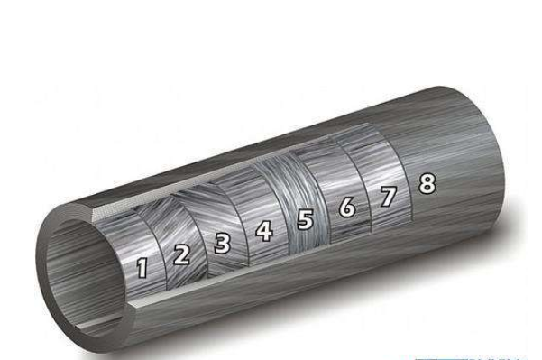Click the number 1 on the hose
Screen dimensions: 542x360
(x=142, y=268)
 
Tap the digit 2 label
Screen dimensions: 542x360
(x=181, y=254)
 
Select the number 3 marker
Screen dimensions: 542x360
(x=222, y=243)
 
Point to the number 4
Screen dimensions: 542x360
(x=264, y=231)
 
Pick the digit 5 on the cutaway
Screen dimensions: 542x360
(x=305, y=219)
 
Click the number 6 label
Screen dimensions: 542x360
(x=346, y=208)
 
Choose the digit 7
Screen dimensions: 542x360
(x=388, y=196)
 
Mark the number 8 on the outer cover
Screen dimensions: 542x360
(x=427, y=183)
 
